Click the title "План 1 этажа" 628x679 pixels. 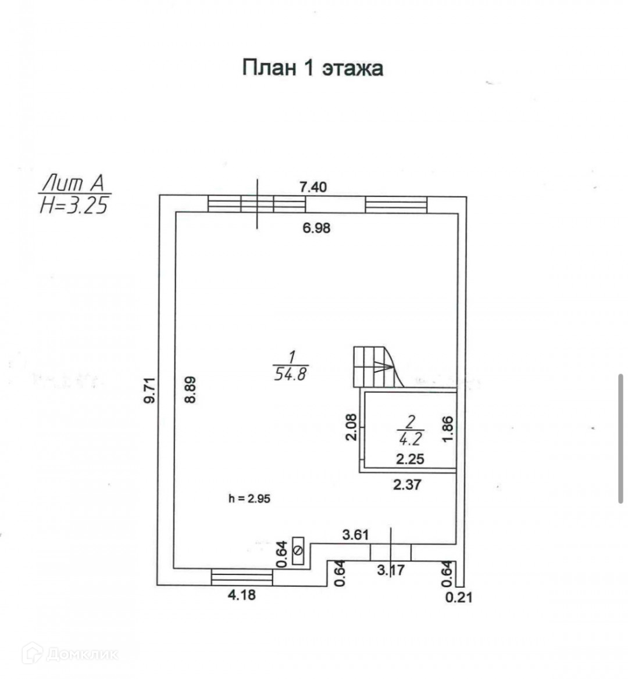312,68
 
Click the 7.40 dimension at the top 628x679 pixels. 313,187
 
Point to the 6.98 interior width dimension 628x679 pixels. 316,228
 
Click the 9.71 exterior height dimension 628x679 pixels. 150,390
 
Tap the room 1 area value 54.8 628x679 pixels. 291,373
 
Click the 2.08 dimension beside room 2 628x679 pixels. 351,427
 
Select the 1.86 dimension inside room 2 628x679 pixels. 447,429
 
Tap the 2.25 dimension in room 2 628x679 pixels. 410,459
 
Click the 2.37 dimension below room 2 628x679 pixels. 406,484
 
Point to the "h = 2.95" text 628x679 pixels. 249,498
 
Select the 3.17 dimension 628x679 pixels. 390,570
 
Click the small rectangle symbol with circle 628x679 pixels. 299,550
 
